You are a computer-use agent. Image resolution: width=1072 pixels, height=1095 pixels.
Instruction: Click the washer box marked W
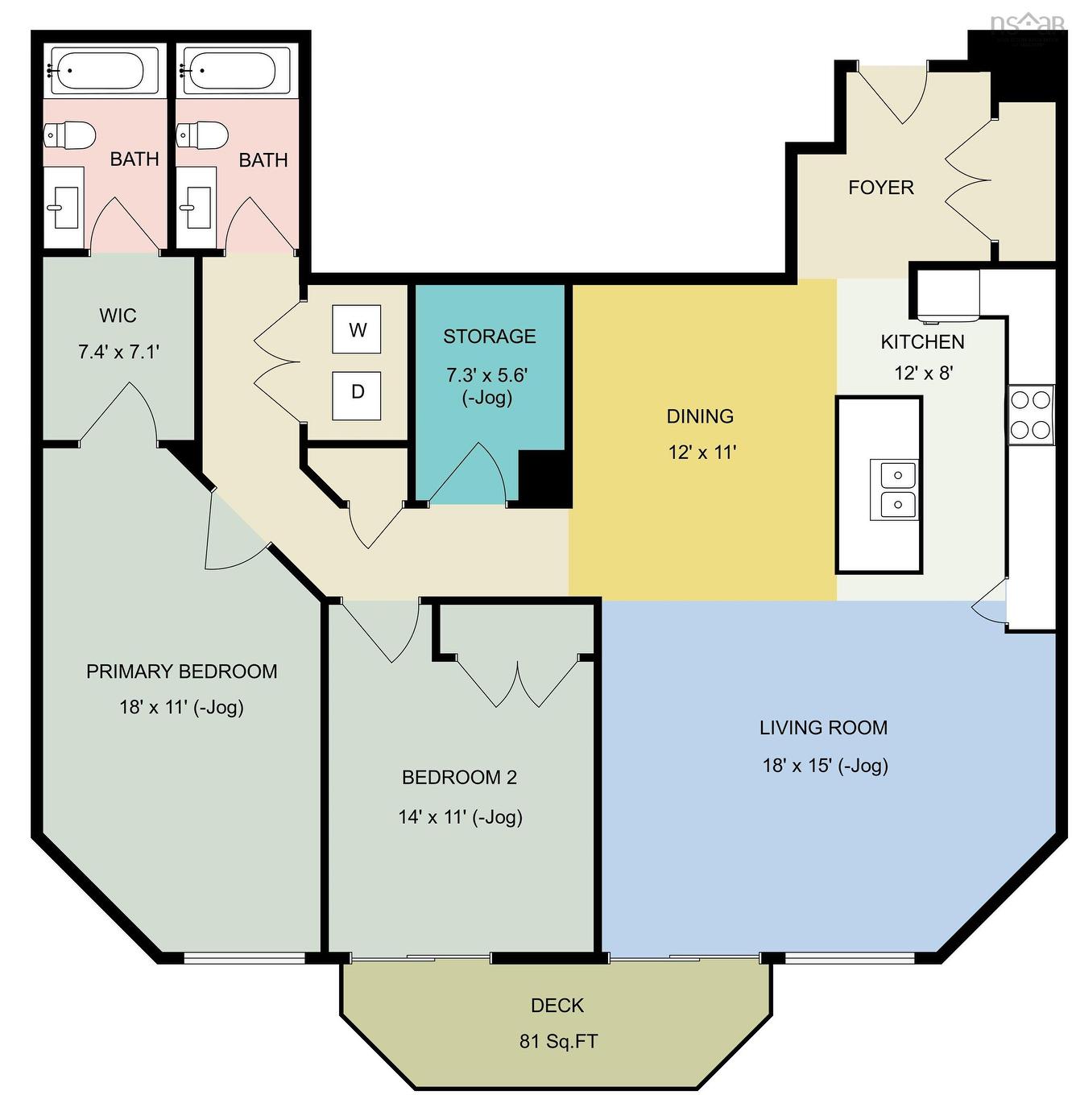pyautogui.click(x=357, y=329)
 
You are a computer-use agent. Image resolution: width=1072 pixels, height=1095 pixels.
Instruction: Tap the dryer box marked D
pyautogui.click(x=357, y=392)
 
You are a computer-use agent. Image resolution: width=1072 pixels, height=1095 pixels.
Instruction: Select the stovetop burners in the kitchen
pyautogui.click(x=1031, y=415)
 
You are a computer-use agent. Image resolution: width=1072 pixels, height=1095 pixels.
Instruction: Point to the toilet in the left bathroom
pyautogui.click(x=69, y=135)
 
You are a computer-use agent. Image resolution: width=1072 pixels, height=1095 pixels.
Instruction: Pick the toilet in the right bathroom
pyautogui.click(x=202, y=135)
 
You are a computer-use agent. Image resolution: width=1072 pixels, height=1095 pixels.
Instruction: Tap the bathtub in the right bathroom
pyautogui.click(x=232, y=71)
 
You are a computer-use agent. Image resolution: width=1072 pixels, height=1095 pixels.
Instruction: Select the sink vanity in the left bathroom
pyautogui.click(x=62, y=208)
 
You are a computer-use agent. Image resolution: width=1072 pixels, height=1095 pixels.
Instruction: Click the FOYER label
pyautogui.click(x=880, y=188)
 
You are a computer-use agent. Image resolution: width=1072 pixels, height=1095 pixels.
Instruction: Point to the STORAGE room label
pyautogui.click(x=489, y=337)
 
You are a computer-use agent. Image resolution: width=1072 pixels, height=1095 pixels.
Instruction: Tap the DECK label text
pyautogui.click(x=557, y=1006)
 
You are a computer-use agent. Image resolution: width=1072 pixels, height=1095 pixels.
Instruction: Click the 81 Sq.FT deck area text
pyautogui.click(x=558, y=1041)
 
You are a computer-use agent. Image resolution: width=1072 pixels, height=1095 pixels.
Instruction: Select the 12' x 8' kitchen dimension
pyautogui.click(x=923, y=374)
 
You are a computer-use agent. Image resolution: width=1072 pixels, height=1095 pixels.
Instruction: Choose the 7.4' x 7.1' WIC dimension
pyautogui.click(x=118, y=352)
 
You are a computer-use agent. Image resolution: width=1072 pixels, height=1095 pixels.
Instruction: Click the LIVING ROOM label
pyautogui.click(x=823, y=728)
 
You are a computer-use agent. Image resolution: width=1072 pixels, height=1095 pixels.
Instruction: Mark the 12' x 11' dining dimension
pyautogui.click(x=702, y=452)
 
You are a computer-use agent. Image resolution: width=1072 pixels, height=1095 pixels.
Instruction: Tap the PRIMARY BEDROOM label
pyautogui.click(x=181, y=671)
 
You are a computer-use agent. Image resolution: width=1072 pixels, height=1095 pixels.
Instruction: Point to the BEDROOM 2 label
pyautogui.click(x=459, y=778)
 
